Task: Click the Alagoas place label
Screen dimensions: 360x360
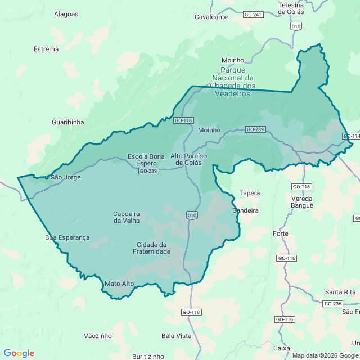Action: (66, 14)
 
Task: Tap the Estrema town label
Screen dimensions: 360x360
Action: (46, 49)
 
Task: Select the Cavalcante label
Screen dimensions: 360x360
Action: (211, 17)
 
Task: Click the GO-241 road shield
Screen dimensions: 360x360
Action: (254, 14)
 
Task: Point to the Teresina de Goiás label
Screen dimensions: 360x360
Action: (291, 8)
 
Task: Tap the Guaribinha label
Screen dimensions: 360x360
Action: (67, 121)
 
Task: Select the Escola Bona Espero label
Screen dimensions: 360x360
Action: (146, 160)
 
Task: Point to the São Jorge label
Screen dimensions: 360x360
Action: (66, 177)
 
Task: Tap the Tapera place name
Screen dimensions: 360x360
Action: (249, 193)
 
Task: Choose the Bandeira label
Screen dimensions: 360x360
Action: (245, 210)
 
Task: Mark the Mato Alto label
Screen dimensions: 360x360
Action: (119, 283)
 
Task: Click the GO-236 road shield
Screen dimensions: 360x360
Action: (333, 304)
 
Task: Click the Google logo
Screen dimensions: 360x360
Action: (19, 353)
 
